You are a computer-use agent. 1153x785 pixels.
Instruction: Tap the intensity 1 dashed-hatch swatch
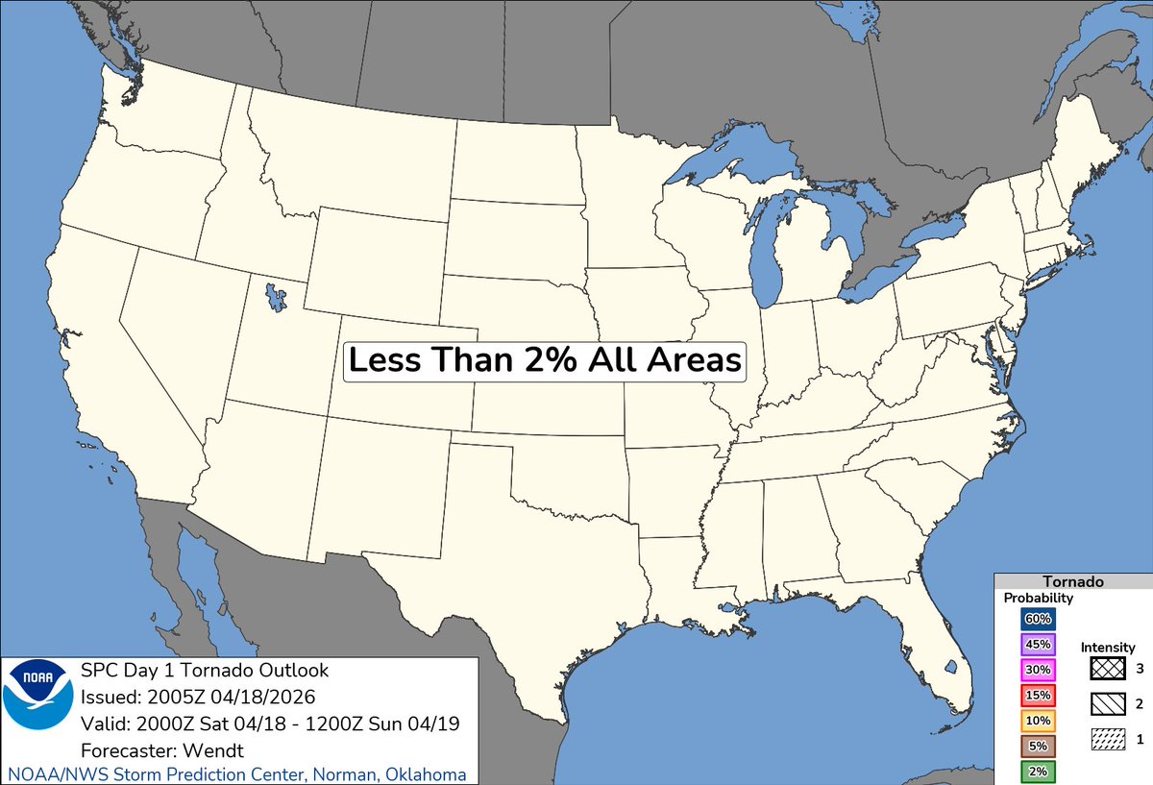(1108, 739)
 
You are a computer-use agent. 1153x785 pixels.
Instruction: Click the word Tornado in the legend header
(1072, 581)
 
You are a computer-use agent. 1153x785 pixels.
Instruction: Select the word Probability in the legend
(1039, 598)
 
